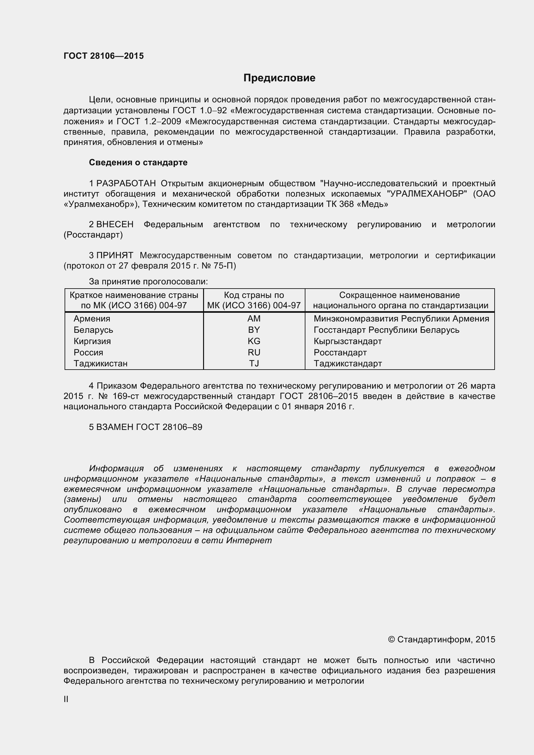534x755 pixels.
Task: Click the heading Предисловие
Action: pyautogui.click(x=279, y=78)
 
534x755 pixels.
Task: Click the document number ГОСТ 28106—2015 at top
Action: pyautogui.click(x=104, y=56)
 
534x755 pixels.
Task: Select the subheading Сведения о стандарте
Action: pyautogui.click(x=138, y=162)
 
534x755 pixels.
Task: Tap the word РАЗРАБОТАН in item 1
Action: pyautogui.click(x=126, y=183)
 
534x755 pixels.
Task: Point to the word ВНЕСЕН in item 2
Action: pyautogui.click(x=115, y=225)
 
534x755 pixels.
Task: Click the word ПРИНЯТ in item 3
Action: pyautogui.click(x=115, y=256)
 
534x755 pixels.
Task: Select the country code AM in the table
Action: pyautogui.click(x=254, y=319)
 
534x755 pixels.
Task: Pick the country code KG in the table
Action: pyautogui.click(x=254, y=341)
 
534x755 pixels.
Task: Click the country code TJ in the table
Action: pyautogui.click(x=254, y=363)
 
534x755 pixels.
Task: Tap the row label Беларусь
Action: pyautogui.click(x=93, y=330)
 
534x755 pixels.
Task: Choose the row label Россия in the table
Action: pyautogui.click(x=88, y=352)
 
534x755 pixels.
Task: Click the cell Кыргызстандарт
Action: pyautogui.click(x=348, y=341)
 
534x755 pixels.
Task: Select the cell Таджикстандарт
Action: pyautogui.click(x=348, y=363)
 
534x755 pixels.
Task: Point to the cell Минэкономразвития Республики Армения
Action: pyautogui.click(x=401, y=319)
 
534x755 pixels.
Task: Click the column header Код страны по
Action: pyautogui.click(x=254, y=295)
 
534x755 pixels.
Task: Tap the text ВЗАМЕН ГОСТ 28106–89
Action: pyautogui.click(x=149, y=427)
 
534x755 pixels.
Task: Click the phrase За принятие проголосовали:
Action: pyautogui.click(x=148, y=281)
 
